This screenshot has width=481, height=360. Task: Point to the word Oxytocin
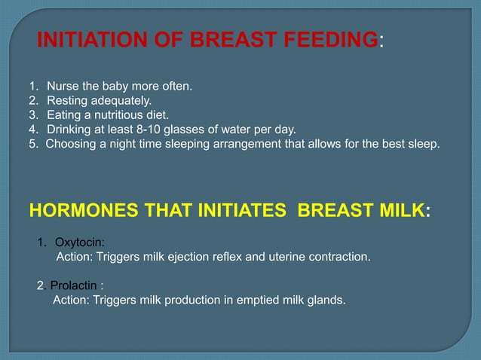pyautogui.click(x=80, y=243)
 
